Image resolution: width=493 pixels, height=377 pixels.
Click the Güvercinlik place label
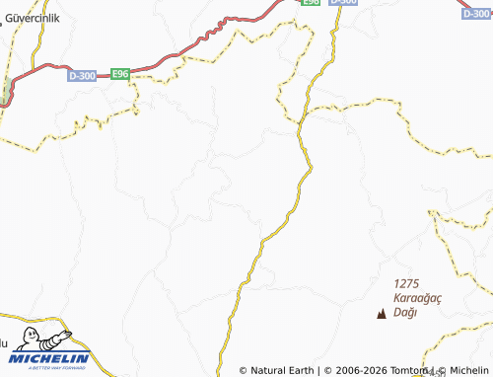(36, 16)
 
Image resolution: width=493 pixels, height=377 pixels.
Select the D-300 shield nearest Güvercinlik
(84, 75)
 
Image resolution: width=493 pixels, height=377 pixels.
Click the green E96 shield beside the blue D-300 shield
(120, 74)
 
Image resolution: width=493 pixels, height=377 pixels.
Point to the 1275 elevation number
(405, 282)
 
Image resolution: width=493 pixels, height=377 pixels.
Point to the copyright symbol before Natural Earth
(244, 371)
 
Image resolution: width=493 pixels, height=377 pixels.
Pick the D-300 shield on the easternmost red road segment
(477, 14)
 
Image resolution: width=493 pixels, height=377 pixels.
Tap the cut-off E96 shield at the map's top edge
(311, 3)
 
